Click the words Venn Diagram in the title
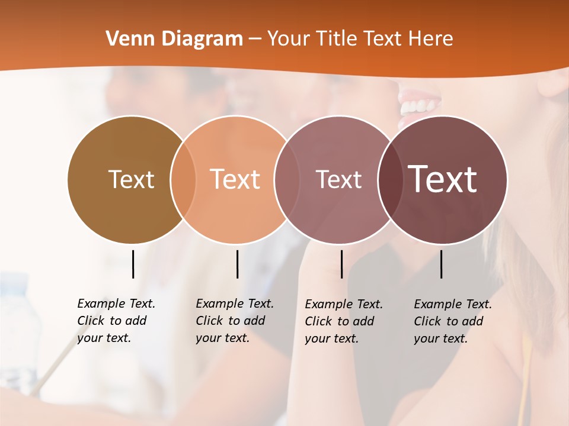click(174, 39)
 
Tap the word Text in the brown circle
click(131, 179)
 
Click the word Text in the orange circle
click(235, 179)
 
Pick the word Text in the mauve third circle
click(338, 179)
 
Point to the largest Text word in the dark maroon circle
click(443, 179)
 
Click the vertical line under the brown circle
click(133, 264)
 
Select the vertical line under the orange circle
click(237, 264)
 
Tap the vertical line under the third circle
click(341, 264)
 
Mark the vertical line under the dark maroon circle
click(441, 264)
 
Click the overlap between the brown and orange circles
click(183, 179)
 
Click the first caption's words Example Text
click(116, 304)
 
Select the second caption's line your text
click(222, 338)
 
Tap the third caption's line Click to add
click(340, 321)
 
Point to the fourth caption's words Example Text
click(453, 304)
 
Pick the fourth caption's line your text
click(440, 338)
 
